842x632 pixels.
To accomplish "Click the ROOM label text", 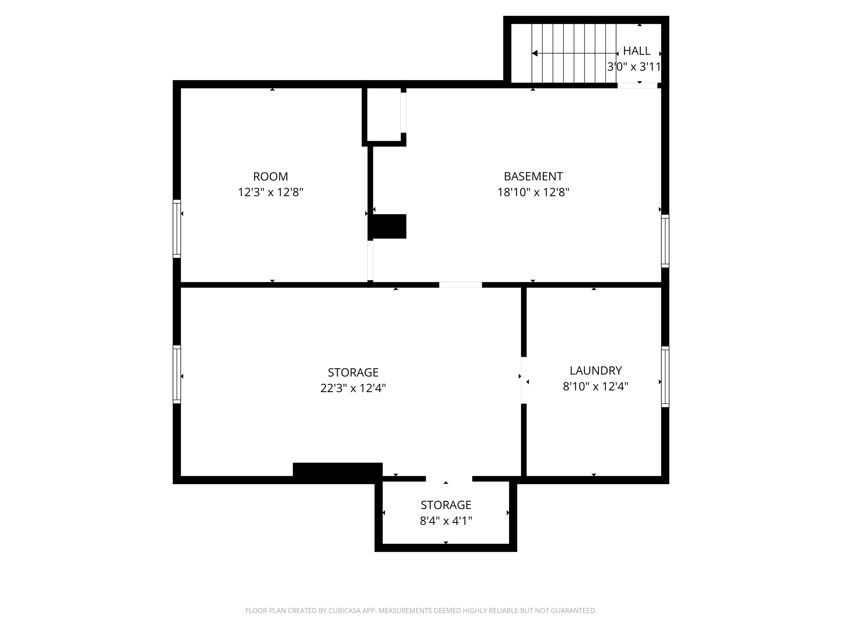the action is pos(271,176).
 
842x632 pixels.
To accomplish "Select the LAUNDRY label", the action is pos(596,370).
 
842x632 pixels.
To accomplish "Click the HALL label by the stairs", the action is pos(637,51).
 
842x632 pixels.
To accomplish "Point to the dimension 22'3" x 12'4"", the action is pos(353,388).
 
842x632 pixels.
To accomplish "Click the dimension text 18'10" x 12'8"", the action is pos(533,192).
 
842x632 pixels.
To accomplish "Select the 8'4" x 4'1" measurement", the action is pos(446,521).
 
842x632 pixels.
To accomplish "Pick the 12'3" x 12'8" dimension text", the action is pos(271,192).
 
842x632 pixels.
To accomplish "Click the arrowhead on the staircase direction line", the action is pos(534,53).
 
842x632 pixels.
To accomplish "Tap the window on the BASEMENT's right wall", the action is pos(665,241).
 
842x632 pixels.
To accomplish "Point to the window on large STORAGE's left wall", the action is pos(177,374).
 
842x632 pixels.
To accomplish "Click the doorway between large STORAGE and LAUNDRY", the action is pos(524,380).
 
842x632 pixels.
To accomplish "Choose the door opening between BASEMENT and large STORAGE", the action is pos(460,285).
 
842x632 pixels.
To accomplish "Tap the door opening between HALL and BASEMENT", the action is pos(637,86).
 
